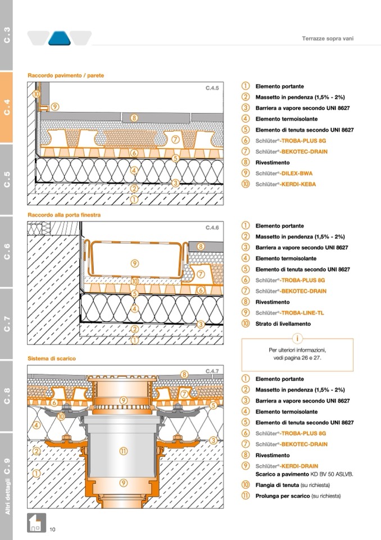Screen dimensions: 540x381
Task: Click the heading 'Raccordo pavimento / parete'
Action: click(66, 75)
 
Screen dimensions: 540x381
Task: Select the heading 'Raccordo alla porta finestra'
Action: click(64, 215)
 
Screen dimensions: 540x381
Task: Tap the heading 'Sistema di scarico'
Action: click(52, 358)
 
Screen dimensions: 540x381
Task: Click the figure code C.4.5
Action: click(212, 88)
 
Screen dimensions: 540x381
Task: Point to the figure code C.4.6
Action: click(212, 227)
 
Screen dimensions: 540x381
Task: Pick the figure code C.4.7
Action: click(212, 371)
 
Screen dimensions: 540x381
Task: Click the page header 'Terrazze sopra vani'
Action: click(328, 39)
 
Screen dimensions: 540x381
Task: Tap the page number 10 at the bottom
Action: click(52, 529)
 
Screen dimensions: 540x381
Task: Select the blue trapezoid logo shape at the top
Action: click(60, 38)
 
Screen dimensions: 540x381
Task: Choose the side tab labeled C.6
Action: click(7, 252)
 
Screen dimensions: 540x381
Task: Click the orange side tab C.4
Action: click(7, 108)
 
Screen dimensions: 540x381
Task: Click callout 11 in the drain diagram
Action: click(123, 450)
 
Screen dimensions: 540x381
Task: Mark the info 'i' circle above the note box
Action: click(297, 338)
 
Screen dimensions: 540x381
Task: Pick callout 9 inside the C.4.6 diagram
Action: click(135, 263)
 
